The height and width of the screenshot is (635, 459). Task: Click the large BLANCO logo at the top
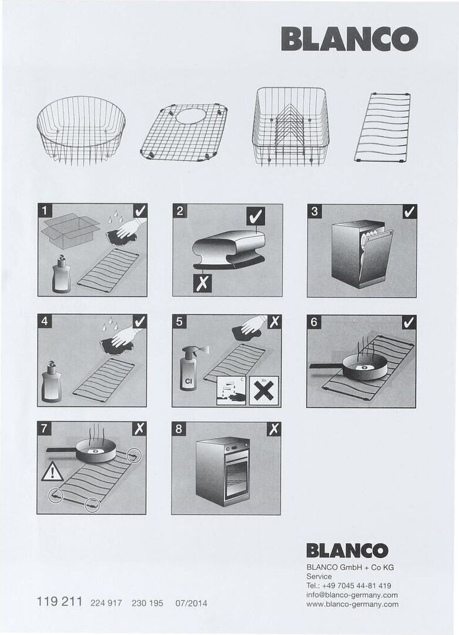349,39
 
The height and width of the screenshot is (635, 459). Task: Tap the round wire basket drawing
81,130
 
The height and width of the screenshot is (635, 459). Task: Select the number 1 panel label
45,211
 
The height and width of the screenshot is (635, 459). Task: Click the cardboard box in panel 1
71,231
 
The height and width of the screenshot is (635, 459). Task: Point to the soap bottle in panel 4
51,382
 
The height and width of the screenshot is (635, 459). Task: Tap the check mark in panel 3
409,211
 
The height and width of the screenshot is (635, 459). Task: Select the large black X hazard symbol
264,391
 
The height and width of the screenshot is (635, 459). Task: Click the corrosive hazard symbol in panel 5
231,391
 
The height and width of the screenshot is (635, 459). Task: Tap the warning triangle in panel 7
52,472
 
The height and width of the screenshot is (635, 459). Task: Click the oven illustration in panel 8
222,471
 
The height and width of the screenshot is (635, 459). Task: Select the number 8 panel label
179,429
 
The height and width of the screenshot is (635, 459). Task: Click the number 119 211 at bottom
59,602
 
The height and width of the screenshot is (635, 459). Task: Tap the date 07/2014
191,603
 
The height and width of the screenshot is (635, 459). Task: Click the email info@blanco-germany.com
352,595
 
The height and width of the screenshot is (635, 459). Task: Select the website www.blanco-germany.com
352,604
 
